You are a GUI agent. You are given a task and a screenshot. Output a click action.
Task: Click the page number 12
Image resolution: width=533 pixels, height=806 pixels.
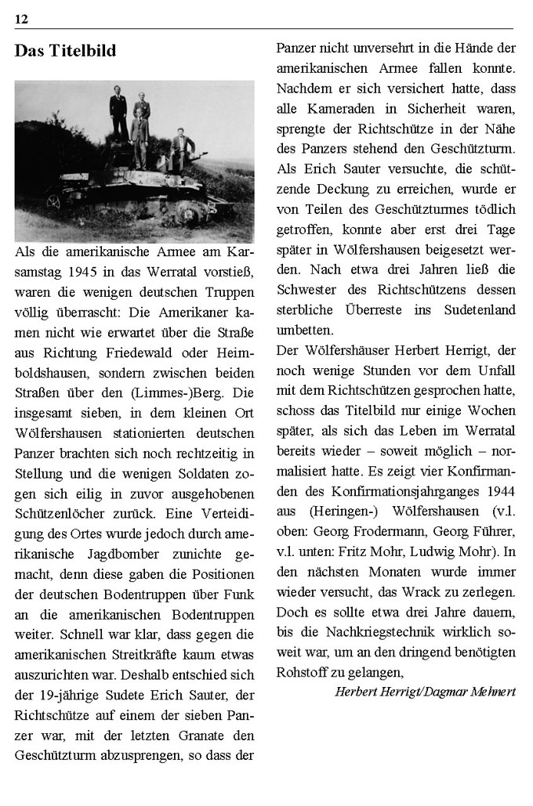(x=20, y=18)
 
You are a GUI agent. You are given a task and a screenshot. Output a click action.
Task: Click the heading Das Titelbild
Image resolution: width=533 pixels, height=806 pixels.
(x=65, y=52)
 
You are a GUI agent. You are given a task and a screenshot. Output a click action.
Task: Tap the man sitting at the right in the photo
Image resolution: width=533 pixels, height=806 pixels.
(x=183, y=150)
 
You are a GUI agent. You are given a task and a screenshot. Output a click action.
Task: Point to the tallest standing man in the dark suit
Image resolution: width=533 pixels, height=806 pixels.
(x=118, y=113)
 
